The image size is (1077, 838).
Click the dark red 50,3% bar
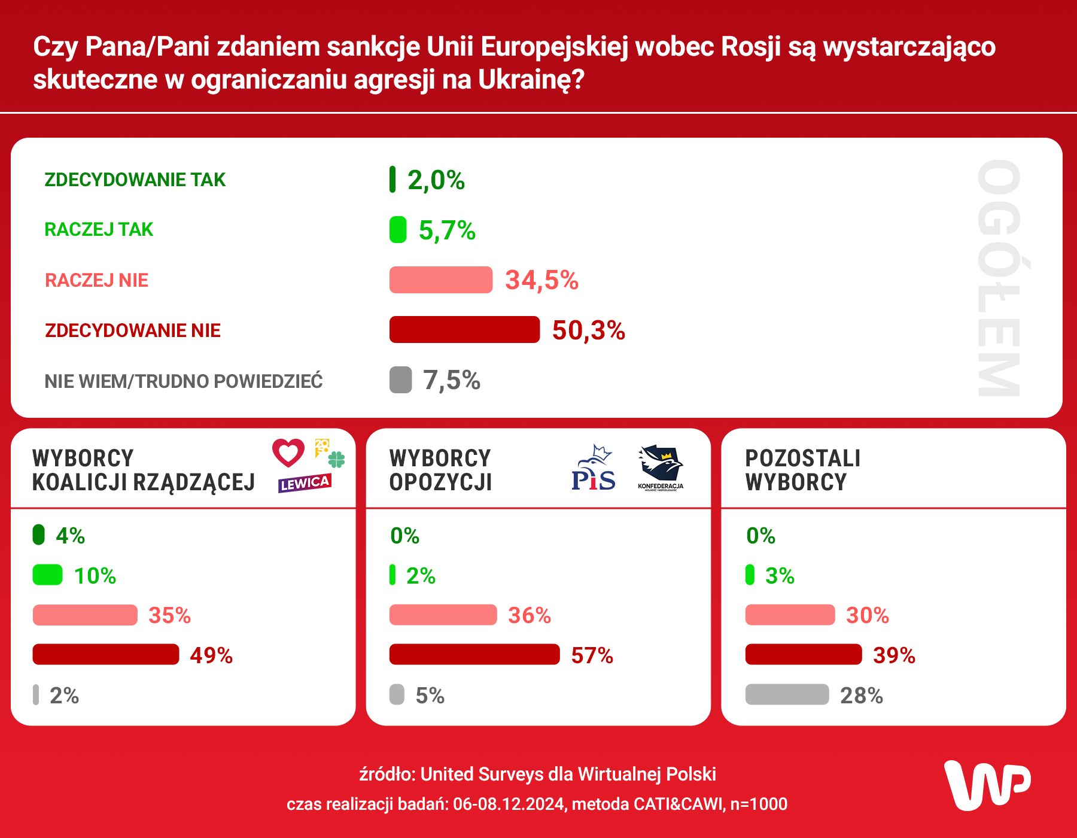pyautogui.click(x=464, y=330)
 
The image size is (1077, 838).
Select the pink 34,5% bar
pyautogui.click(x=441, y=280)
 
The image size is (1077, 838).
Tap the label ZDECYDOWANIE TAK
pyautogui.click(x=135, y=180)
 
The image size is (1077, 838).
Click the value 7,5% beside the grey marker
pyautogui.click(x=452, y=380)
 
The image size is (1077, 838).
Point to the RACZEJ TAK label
pyautogui.click(x=99, y=229)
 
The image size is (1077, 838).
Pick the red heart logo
pyautogui.click(x=288, y=453)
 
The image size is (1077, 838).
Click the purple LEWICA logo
pyautogui.click(x=305, y=483)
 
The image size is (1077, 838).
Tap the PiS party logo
pyautogui.click(x=593, y=469)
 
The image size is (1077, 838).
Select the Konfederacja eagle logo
pyautogui.click(x=661, y=466)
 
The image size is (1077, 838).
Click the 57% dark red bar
pyautogui.click(x=474, y=654)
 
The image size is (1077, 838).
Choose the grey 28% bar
pyautogui.click(x=787, y=694)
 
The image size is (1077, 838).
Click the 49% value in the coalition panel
pyautogui.click(x=211, y=655)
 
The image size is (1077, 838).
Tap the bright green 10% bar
pyautogui.click(x=48, y=575)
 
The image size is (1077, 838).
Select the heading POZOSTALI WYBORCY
pyautogui.click(x=802, y=470)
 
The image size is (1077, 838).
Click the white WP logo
pyautogui.click(x=987, y=785)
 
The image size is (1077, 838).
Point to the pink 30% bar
pyautogui.click(x=790, y=615)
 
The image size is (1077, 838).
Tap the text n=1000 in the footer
pyautogui.click(x=759, y=804)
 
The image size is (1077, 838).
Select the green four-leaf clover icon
pyautogui.click(x=337, y=460)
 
